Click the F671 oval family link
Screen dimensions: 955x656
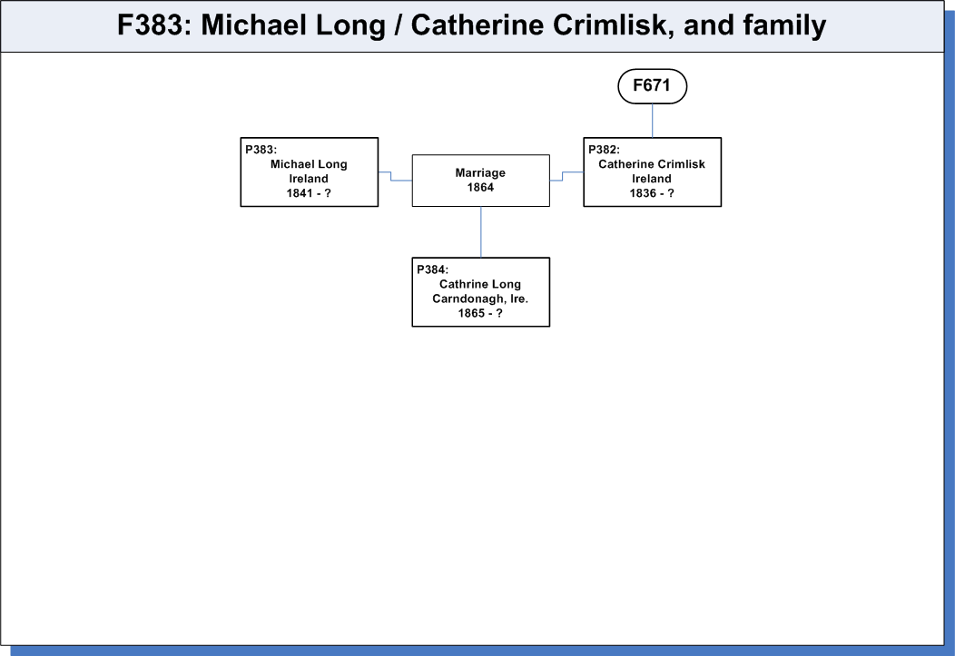tap(653, 86)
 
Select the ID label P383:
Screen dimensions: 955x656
tap(261, 150)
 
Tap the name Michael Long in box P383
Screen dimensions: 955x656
tap(309, 164)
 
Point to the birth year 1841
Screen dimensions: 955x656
tap(299, 193)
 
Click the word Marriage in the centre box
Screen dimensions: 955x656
tap(480, 173)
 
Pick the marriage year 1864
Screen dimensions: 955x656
tap(480, 188)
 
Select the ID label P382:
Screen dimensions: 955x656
tap(604, 150)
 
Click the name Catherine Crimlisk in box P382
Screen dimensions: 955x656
tap(652, 164)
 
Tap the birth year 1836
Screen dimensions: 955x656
tap(643, 193)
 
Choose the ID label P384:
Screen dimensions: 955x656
tap(432, 269)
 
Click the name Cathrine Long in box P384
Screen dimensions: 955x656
tap(480, 284)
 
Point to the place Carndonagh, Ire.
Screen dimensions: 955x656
tap(480, 299)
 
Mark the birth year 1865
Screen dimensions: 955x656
tap(471, 313)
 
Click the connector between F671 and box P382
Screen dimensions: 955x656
tap(653, 121)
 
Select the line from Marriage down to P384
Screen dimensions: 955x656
tap(480, 232)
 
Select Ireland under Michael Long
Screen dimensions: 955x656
tap(308, 179)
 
